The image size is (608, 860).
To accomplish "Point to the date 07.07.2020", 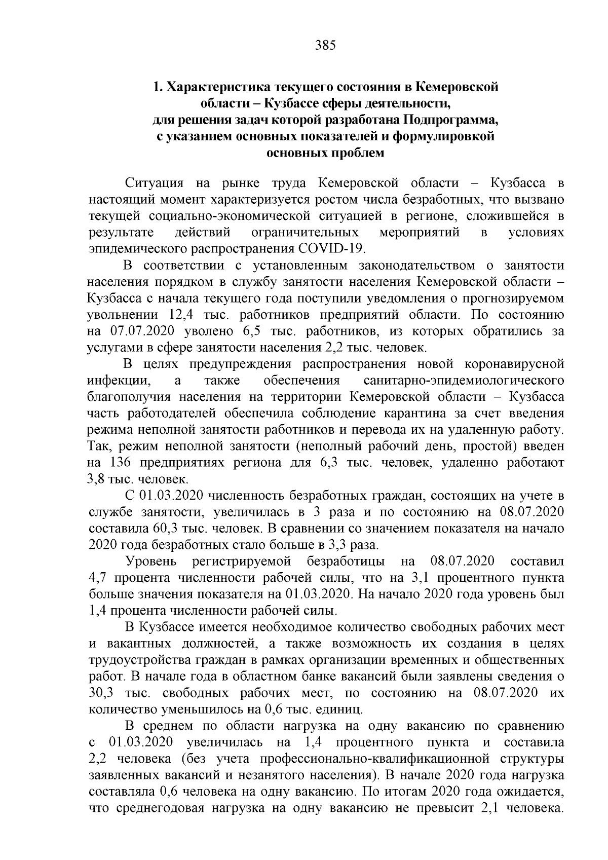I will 142,331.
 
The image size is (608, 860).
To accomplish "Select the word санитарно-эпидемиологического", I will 464,381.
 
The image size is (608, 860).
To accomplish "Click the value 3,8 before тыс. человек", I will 98,479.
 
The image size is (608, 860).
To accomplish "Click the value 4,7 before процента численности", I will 98,578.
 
